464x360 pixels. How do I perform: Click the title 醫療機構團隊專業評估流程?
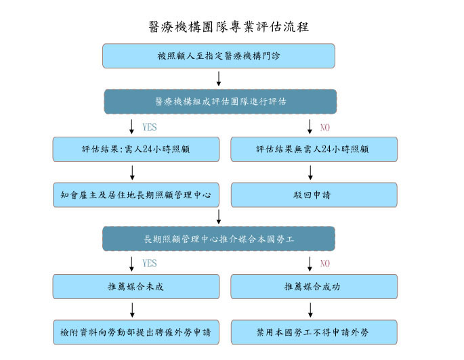pyautogui.click(x=229, y=27)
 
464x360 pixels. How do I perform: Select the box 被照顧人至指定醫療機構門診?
pyautogui.click(x=219, y=56)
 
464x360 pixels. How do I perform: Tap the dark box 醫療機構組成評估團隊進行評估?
pyautogui.click(x=220, y=102)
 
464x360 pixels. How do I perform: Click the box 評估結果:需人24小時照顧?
pyautogui.click(x=136, y=150)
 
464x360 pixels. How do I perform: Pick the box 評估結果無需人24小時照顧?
pyautogui.click(x=314, y=150)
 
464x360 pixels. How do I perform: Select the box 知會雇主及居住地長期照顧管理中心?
pyautogui.click(x=136, y=195)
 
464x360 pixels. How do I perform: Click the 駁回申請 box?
pyautogui.click(x=314, y=195)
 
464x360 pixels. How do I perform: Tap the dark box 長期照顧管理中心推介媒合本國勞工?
pyautogui.click(x=219, y=239)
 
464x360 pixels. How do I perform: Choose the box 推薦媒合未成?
pyautogui.click(x=136, y=287)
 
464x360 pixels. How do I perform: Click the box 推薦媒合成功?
pyautogui.click(x=314, y=287)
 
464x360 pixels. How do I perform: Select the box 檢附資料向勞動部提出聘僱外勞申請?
pyautogui.click(x=136, y=332)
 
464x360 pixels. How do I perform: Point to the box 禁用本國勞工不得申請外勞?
pyautogui.click(x=314, y=332)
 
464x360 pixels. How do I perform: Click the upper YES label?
pyautogui.click(x=150, y=127)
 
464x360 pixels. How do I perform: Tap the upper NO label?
pyautogui.click(x=325, y=127)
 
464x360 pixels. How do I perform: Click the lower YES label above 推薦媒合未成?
pyautogui.click(x=150, y=263)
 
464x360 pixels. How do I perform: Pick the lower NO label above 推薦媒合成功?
pyautogui.click(x=325, y=263)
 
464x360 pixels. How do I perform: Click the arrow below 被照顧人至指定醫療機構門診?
pyautogui.click(x=219, y=78)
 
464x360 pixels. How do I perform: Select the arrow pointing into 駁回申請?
pyautogui.click(x=310, y=173)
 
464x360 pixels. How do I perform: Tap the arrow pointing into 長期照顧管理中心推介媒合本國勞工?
pyautogui.click(x=219, y=217)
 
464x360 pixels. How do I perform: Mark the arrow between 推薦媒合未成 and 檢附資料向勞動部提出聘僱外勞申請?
pyautogui.click(x=132, y=310)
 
